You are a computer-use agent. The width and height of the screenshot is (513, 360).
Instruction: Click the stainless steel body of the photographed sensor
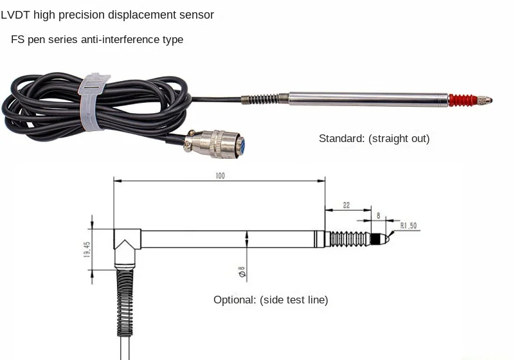(366, 99)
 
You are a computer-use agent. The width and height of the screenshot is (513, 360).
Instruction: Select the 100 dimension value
(220, 175)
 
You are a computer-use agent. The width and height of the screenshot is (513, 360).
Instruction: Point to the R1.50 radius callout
(410, 226)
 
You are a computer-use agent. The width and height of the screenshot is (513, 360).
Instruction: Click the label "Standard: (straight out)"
(374, 138)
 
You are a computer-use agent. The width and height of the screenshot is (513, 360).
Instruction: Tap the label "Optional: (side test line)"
(271, 300)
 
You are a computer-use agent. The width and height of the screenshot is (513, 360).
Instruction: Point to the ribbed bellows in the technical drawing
(348, 239)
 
